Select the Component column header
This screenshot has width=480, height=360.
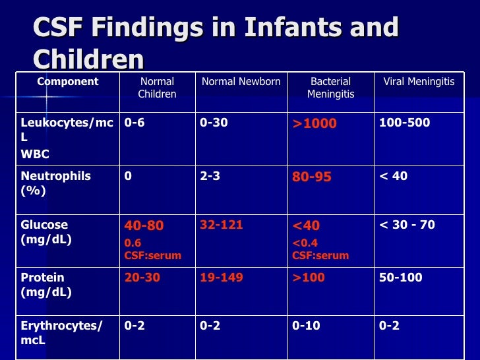click(x=68, y=82)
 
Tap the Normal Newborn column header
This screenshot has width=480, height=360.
click(x=241, y=82)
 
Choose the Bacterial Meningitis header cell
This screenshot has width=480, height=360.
click(x=330, y=88)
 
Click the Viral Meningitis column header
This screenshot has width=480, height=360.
click(x=419, y=82)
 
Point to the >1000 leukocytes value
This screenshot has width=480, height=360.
click(x=315, y=123)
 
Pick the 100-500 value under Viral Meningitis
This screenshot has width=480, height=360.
click(x=404, y=123)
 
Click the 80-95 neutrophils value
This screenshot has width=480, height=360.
click(x=312, y=177)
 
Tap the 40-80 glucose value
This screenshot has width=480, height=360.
click(x=144, y=225)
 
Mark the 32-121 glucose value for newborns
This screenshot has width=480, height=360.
click(x=221, y=225)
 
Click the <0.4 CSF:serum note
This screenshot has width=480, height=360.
click(x=320, y=249)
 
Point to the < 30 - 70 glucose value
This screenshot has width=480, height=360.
click(x=407, y=225)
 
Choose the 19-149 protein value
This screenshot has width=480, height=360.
click(x=221, y=278)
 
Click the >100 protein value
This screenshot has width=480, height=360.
click(x=309, y=278)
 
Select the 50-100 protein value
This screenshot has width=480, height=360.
click(x=400, y=278)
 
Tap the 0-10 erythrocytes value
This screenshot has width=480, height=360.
click(x=307, y=325)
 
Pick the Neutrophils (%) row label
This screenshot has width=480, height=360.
click(x=56, y=183)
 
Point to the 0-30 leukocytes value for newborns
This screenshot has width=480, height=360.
click(x=214, y=123)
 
